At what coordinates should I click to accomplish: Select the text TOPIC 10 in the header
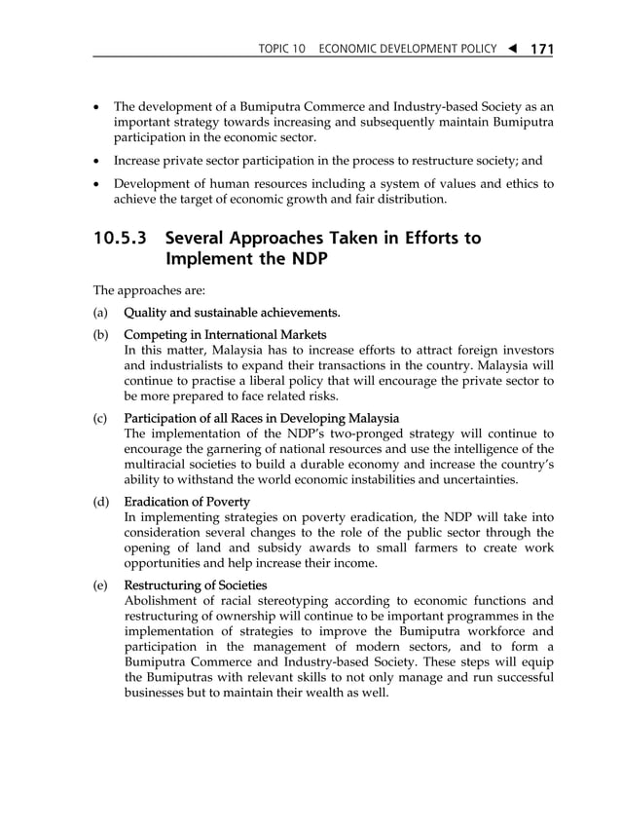coord(281,49)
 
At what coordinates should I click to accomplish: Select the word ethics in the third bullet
coord(519,183)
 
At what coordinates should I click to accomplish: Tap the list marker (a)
coord(100,313)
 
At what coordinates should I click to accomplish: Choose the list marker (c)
coord(100,418)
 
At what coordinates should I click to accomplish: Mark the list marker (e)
coord(100,584)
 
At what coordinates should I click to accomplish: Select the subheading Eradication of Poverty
coord(187,502)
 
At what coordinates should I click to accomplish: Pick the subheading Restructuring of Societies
coord(195,584)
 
